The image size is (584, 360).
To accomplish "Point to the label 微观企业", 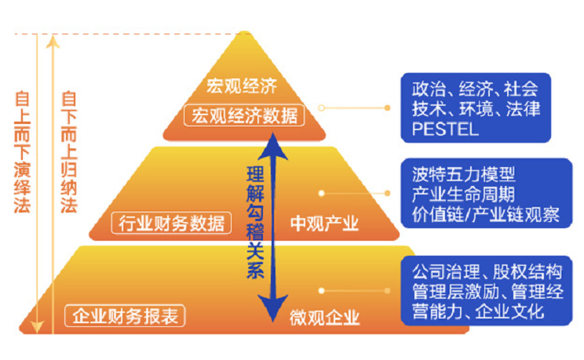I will tap(324, 317).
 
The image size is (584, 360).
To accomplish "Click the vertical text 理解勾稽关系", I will tap(255, 221).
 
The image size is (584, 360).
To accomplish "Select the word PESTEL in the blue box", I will tap(445, 129).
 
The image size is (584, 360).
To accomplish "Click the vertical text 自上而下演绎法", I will tap(22, 156).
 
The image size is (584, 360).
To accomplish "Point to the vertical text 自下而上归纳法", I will tap(68, 156).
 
